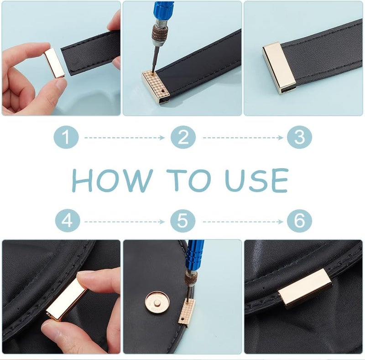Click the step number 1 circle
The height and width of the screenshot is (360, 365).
coord(66,137)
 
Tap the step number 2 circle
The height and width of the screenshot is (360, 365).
coord(183,137)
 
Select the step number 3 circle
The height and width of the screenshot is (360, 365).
coord(299,137)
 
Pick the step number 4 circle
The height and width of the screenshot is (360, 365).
coord(68,221)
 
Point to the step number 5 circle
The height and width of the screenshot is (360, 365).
coord(183,221)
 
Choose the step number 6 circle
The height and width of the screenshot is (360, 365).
coord(299,221)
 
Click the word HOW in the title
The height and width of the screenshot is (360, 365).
coord(112,180)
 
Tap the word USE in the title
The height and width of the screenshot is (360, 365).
coord(257,180)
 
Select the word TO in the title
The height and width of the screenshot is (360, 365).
coord(188,180)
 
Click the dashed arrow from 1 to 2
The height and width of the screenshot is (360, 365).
coord(125,138)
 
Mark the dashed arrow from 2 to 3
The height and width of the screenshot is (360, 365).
coord(243,138)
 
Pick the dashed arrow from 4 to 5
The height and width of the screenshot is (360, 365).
coord(125,222)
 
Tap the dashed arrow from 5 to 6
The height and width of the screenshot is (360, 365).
coord(243,222)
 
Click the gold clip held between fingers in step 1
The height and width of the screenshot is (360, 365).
coord(54,63)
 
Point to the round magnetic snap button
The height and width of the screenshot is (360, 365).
coord(156,303)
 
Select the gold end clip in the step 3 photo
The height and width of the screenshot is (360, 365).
coord(279,68)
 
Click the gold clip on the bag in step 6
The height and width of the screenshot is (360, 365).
coord(305,288)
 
